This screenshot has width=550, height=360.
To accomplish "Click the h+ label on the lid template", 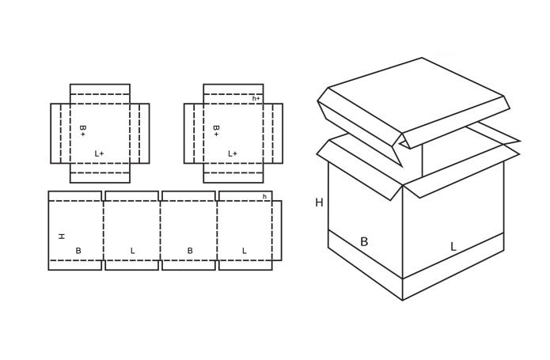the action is click(x=256, y=98).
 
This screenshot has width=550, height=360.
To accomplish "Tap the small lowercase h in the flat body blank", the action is click(x=264, y=197).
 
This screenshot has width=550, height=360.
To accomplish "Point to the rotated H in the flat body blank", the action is click(x=62, y=237).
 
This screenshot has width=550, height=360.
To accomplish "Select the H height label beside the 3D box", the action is click(x=319, y=203).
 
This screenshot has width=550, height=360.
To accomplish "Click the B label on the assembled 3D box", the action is click(x=364, y=241).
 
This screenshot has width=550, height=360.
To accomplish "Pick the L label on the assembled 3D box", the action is click(x=453, y=247).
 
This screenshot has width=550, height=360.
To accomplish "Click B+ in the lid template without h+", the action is click(x=82, y=131).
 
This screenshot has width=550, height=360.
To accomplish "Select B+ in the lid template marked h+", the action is click(x=216, y=131).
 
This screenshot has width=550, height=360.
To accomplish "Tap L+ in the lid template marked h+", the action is click(x=233, y=153).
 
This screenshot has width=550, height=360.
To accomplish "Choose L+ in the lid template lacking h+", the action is click(x=99, y=153).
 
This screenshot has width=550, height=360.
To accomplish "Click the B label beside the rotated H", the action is click(x=78, y=251).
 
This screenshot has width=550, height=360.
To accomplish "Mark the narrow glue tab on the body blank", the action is click(x=277, y=230).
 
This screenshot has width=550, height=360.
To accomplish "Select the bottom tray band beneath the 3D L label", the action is click(x=453, y=267).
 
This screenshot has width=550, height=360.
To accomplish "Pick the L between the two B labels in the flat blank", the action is click(x=133, y=251).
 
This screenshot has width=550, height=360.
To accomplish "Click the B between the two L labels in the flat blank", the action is click(x=190, y=251).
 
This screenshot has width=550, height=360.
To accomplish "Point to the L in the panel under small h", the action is click(x=244, y=251).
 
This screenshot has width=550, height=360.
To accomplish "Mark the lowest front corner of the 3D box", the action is click(x=402, y=300).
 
